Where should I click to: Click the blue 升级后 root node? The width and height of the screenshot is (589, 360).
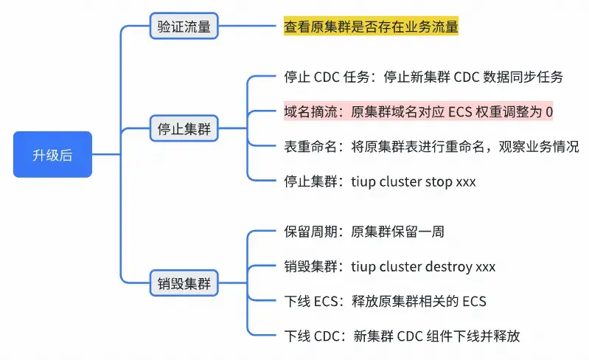click(x=52, y=154)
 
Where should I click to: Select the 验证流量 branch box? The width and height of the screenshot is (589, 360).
click(x=184, y=27)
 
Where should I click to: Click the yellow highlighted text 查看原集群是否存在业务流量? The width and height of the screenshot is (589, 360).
click(x=371, y=27)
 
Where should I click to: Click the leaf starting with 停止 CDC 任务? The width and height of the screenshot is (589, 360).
click(x=423, y=77)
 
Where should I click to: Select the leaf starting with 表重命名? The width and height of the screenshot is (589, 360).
click(x=431, y=146)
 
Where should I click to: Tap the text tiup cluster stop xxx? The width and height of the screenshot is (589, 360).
click(x=413, y=181)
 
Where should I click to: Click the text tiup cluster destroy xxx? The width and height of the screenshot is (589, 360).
click(x=422, y=266)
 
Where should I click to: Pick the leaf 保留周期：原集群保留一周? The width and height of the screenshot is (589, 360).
click(x=363, y=232)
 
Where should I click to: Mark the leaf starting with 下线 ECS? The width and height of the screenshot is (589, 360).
click(x=385, y=301)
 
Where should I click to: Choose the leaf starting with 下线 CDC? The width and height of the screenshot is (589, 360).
click(x=402, y=336)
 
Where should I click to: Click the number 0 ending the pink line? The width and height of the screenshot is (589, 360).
click(x=548, y=112)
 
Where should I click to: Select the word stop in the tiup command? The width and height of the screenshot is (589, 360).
click(x=439, y=181)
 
